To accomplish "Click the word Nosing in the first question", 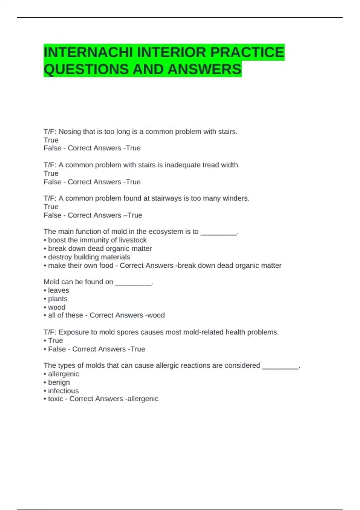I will coord(70,132).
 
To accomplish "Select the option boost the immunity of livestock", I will coord(97,240).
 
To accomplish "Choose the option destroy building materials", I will coord(89,257).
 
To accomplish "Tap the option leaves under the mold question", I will coord(58,290).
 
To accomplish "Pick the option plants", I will coord(58,299).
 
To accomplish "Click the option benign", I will coord(59,382).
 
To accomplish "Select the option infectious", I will coord(63,391).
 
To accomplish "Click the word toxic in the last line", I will coord(55,399).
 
